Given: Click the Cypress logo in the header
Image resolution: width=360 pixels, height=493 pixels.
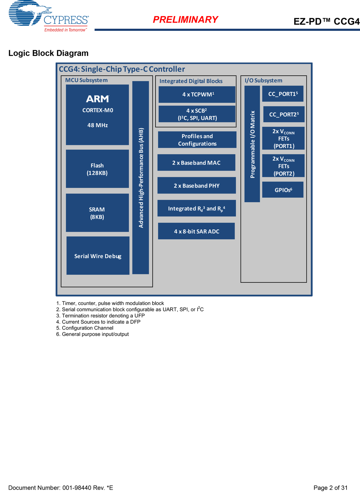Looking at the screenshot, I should coord(48,16).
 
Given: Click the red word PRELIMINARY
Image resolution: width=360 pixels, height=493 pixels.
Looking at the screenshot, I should coord(185,20).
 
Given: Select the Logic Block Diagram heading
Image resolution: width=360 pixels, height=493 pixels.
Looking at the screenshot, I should coord(48,53).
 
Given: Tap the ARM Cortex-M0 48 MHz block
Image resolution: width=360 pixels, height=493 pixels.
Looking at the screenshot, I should coord(97,115).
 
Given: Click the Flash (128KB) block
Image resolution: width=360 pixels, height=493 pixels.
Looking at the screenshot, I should coord(97,169).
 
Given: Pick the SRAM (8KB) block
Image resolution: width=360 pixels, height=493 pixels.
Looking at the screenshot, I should coord(97,213).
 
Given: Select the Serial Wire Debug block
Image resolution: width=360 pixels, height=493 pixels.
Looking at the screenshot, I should coord(98,256).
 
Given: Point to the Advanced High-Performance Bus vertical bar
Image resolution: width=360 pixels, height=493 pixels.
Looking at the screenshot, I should coord(141,177).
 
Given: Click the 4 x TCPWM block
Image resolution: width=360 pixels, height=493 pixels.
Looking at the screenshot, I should coord(197,94).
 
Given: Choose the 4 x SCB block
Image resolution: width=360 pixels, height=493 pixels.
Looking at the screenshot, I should coord(197,114).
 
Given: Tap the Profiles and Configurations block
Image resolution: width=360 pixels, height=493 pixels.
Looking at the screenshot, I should coord(197,140).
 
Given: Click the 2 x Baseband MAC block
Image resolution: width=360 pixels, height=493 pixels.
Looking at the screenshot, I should coord(196,163).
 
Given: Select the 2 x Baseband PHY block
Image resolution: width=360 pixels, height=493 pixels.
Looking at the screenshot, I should coord(197,186).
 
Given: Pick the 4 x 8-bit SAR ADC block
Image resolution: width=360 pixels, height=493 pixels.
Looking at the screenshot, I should coord(196,231).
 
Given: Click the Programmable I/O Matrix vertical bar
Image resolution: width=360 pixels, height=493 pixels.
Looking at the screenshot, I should coord(252,144).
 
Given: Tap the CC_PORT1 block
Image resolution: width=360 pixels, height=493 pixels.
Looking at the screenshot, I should coord(283,94).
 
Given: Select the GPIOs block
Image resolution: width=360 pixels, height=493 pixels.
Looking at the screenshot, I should coord(283,190).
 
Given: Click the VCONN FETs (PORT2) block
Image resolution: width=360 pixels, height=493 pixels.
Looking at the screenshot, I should coord(283,166).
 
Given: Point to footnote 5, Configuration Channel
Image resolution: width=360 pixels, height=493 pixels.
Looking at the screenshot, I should coord(85,328).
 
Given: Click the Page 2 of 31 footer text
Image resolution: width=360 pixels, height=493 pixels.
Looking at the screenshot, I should coord(330,488).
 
